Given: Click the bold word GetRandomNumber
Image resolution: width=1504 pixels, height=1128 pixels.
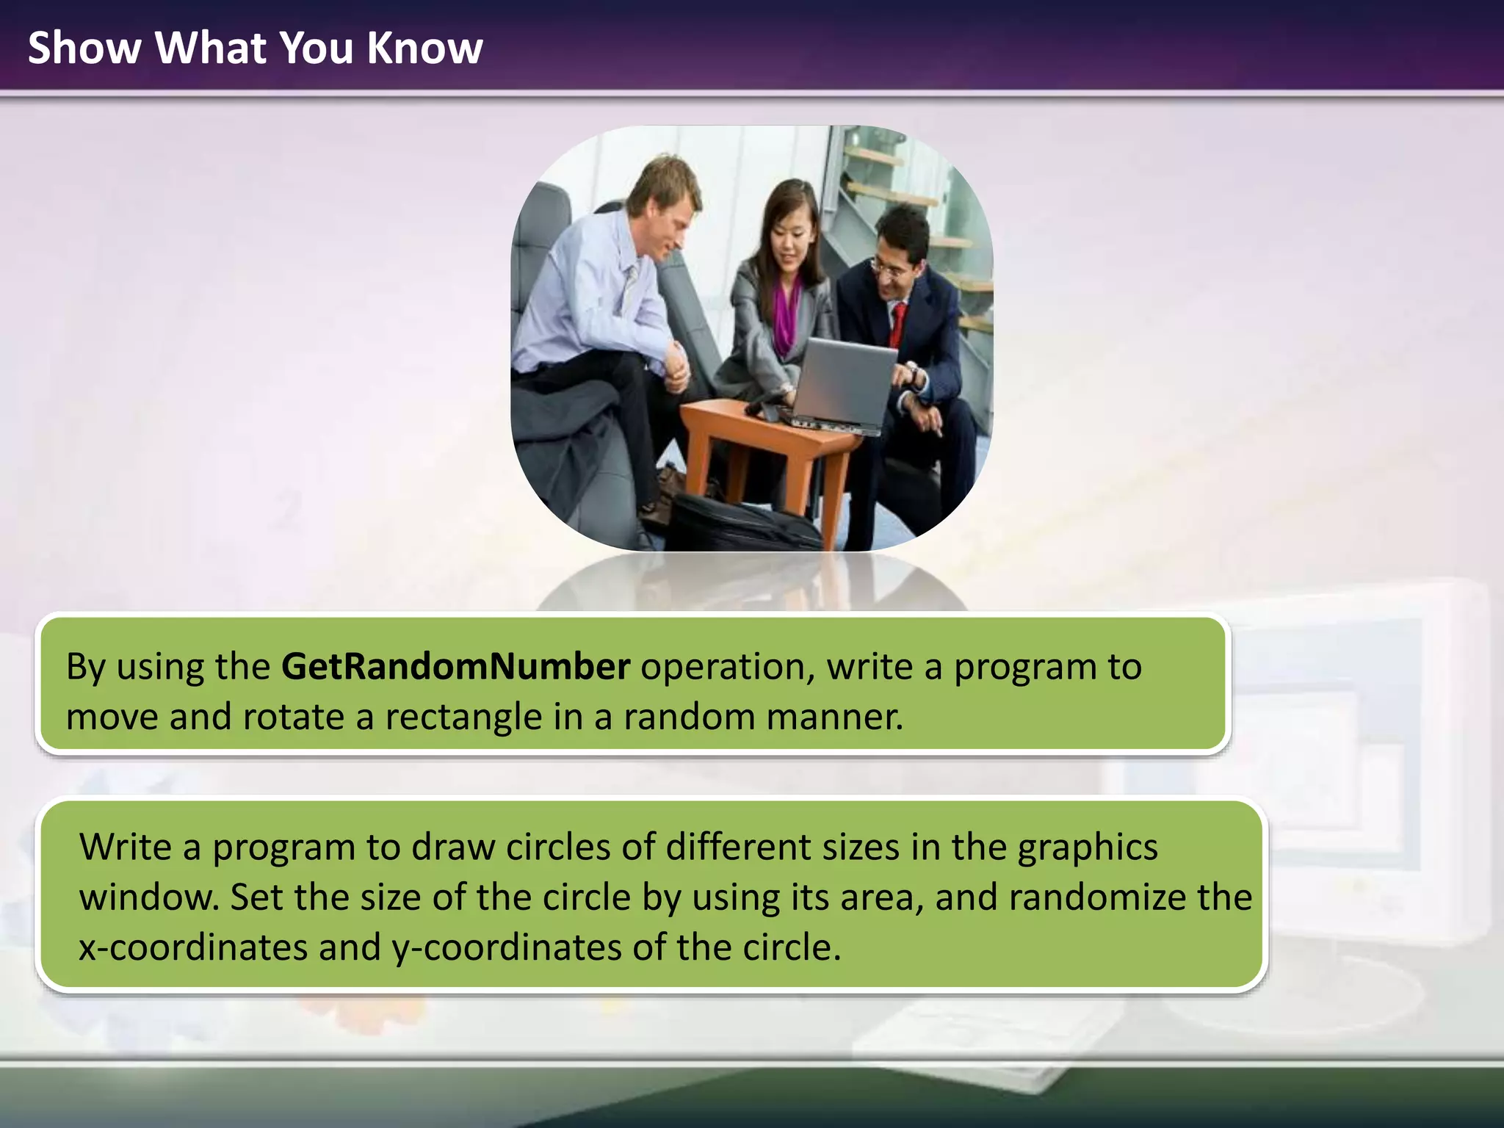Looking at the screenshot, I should tap(455, 667).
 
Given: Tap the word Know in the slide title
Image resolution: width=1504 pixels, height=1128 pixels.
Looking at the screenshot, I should tap(424, 48).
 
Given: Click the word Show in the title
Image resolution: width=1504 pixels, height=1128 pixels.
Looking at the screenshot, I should tap(84, 48).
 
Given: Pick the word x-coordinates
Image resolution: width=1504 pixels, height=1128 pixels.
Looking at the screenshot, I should tap(192, 947).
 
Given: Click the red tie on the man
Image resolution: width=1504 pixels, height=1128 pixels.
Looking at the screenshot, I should tap(897, 323).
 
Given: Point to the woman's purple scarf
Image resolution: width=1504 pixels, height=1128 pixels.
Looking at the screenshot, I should tap(786, 316).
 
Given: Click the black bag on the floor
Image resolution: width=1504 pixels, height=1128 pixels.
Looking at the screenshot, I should tap(742, 521).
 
